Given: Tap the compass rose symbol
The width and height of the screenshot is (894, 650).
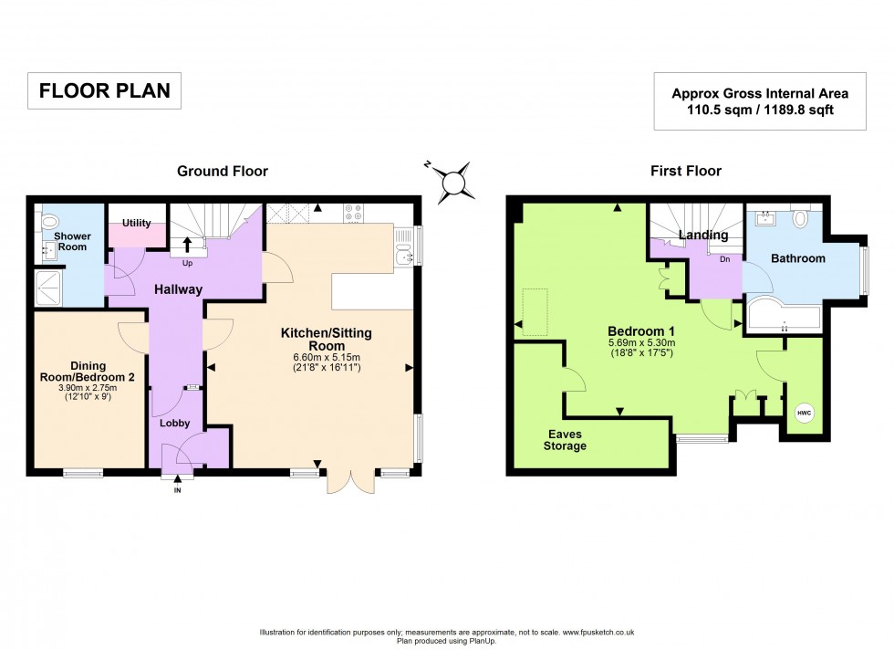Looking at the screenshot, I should pyautogui.click(x=453, y=181).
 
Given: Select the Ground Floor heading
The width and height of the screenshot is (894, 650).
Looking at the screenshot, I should pyautogui.click(x=223, y=171).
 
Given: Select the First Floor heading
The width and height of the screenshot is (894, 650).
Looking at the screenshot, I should pyautogui.click(x=685, y=171).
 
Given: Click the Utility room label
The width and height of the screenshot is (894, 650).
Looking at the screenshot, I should pyautogui.click(x=136, y=224).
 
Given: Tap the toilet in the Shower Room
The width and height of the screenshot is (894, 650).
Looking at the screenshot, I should pyautogui.click(x=50, y=220).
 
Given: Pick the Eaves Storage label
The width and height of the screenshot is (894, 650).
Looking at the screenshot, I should pyautogui.click(x=567, y=440).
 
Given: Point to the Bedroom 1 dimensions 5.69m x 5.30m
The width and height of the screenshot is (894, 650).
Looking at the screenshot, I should pyautogui.click(x=644, y=342).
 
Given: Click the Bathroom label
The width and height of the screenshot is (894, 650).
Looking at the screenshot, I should pyautogui.click(x=797, y=258).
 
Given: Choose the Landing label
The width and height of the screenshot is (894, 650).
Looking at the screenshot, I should pyautogui.click(x=703, y=236).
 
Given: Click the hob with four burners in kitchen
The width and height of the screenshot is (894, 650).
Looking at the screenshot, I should pyautogui.click(x=353, y=212).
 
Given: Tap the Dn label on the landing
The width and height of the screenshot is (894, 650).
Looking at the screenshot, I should pyautogui.click(x=725, y=258).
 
